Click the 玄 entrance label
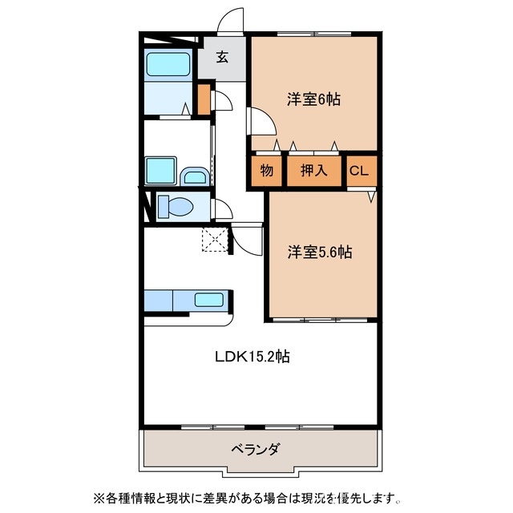(222, 58)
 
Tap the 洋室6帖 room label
(314, 99)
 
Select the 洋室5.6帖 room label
(320, 252)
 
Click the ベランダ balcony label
(256, 449)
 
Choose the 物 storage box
(265, 170)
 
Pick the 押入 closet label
(313, 170)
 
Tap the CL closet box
(359, 170)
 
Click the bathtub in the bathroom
(168, 65)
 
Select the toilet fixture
(174, 207)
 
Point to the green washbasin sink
(193, 176)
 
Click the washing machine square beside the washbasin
(160, 171)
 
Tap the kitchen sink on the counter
(209, 301)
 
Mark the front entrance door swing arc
(231, 20)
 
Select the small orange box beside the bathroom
(204, 99)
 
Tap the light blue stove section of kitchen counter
(159, 301)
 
